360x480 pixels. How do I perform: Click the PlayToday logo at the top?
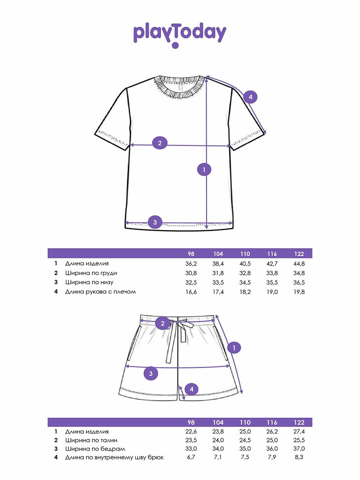(180, 34)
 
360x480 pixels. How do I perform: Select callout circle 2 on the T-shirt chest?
(160, 143)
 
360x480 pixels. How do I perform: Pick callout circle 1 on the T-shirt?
(204, 169)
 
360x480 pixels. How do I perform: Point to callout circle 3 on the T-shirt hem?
(155, 222)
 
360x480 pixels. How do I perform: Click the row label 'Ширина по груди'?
(91, 273)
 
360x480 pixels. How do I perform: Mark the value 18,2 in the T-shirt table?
(245, 292)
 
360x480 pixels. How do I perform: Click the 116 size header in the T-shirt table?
(272, 254)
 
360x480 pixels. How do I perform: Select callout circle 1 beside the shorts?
(234, 348)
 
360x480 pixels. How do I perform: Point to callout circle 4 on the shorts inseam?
(192, 389)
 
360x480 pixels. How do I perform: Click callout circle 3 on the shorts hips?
(151, 374)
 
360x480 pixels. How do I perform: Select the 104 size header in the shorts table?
(218, 422)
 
